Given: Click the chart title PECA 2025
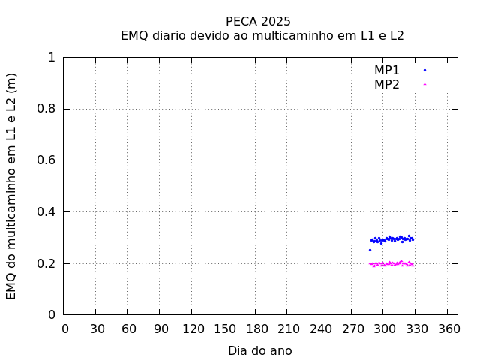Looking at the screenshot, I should tap(258, 21).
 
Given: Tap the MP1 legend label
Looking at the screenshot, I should tap(387, 70).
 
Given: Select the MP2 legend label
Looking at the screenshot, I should tap(387, 84).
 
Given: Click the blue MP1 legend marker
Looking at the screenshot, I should tap(424, 70).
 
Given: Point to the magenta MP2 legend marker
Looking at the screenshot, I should tap(424, 84).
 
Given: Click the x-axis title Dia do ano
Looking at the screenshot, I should tap(259, 350).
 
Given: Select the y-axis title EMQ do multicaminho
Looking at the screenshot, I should tap(11, 186).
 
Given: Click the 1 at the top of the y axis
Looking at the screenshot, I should tap(52, 58).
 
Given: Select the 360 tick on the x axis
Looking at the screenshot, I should tap(448, 328).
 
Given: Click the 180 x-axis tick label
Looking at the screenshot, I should tap(256, 328).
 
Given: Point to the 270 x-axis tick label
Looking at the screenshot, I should tap(352, 328).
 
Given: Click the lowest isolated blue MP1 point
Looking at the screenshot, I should tap(370, 250).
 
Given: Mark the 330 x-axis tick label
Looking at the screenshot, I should tap(415, 328).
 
